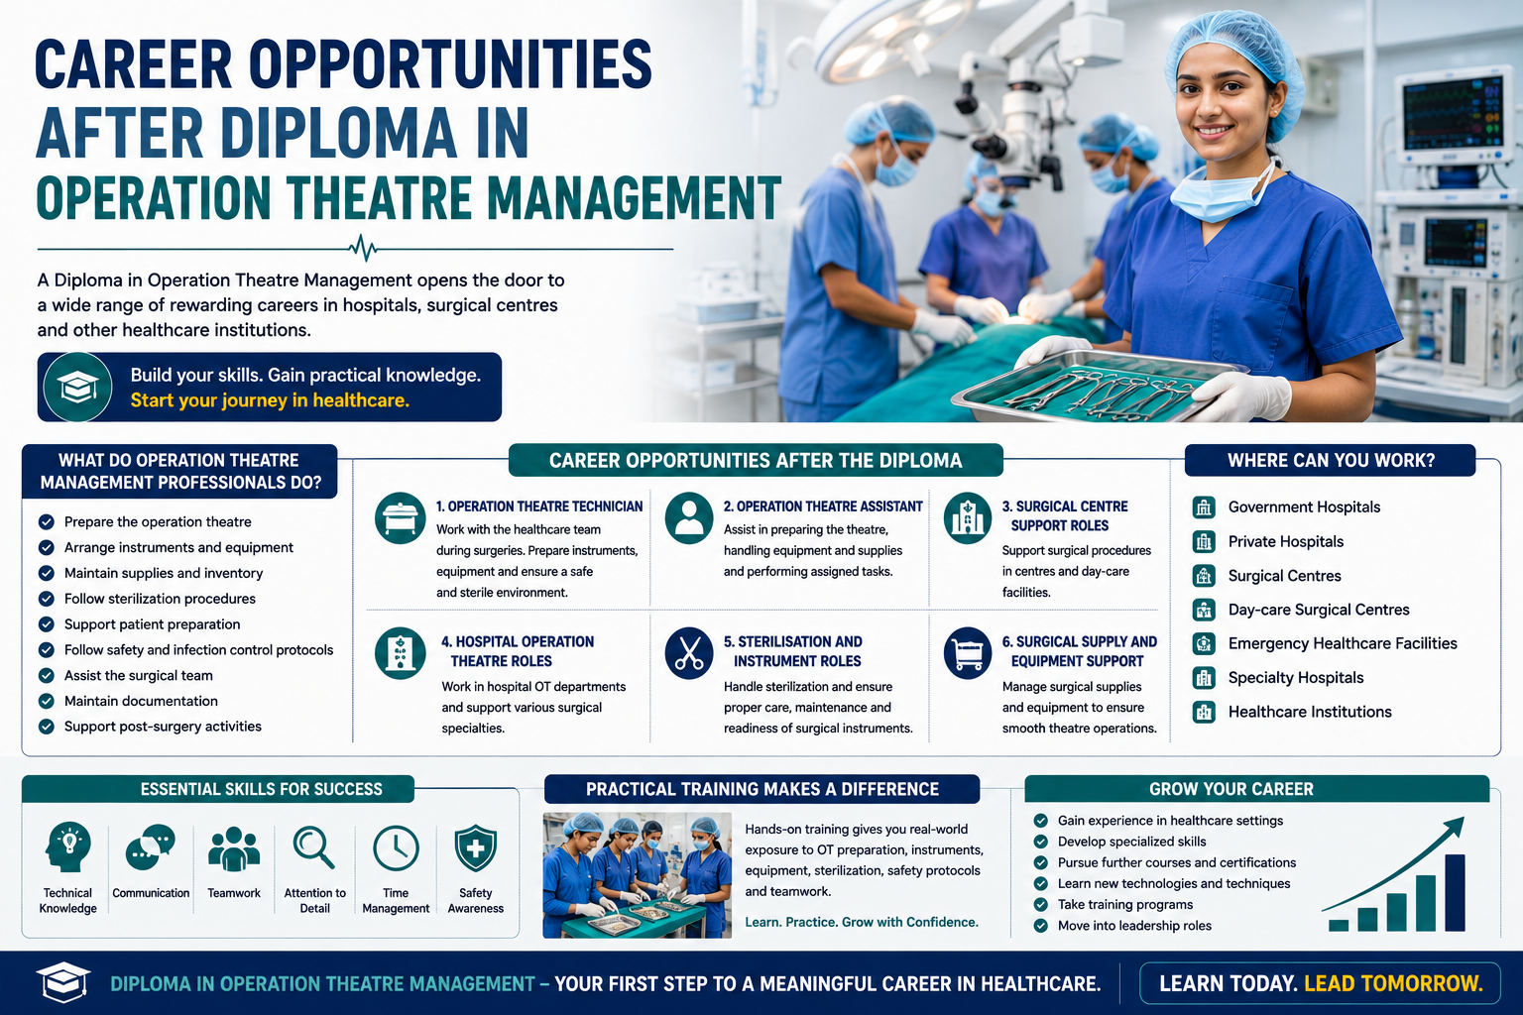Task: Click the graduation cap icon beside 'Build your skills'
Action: point(76,387)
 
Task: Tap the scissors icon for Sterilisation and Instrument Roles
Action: point(689,653)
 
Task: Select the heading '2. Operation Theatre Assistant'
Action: point(823,507)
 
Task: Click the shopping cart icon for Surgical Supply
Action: point(968,653)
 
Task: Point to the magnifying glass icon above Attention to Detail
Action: point(313,847)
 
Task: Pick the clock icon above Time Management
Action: point(396,847)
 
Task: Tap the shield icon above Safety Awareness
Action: point(475,847)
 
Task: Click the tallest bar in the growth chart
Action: point(1455,893)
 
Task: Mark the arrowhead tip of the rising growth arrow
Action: point(1463,818)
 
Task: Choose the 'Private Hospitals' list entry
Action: point(1286,542)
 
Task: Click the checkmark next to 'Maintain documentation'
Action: point(47,701)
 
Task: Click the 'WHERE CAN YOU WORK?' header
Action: point(1331,460)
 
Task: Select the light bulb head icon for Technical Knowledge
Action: point(67,847)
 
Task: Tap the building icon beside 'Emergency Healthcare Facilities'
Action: point(1204,643)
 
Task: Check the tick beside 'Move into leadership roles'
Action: point(1040,925)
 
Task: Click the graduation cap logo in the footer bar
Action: point(63,982)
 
